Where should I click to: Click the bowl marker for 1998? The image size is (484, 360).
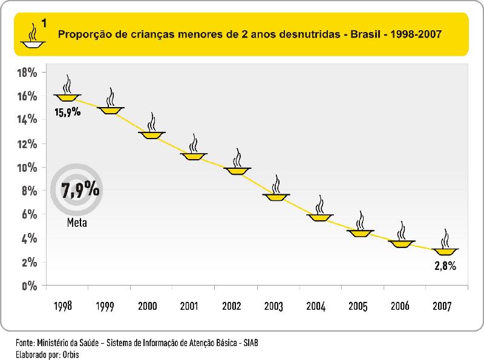pyautogui.click(x=67, y=97)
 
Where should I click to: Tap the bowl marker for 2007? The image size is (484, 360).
pyautogui.click(x=446, y=251)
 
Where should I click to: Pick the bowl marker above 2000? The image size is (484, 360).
pyautogui.click(x=151, y=134)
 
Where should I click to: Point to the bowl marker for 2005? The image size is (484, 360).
pyautogui.click(x=361, y=233)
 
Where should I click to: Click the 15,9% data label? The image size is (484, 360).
pyautogui.click(x=67, y=112)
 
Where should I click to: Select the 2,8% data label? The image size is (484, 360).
pyautogui.click(x=445, y=265)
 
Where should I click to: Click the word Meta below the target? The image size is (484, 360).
pyautogui.click(x=77, y=223)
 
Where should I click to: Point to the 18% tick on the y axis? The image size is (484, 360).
pyautogui.click(x=27, y=73)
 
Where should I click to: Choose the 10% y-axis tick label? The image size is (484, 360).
pyautogui.click(x=27, y=168)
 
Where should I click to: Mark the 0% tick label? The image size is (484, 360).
pyautogui.click(x=30, y=286)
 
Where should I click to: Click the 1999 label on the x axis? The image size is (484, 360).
pyautogui.click(x=106, y=306)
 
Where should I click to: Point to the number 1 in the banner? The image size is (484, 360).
pyautogui.click(x=45, y=24)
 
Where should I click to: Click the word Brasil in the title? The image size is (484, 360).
pyautogui.click(x=370, y=34)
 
